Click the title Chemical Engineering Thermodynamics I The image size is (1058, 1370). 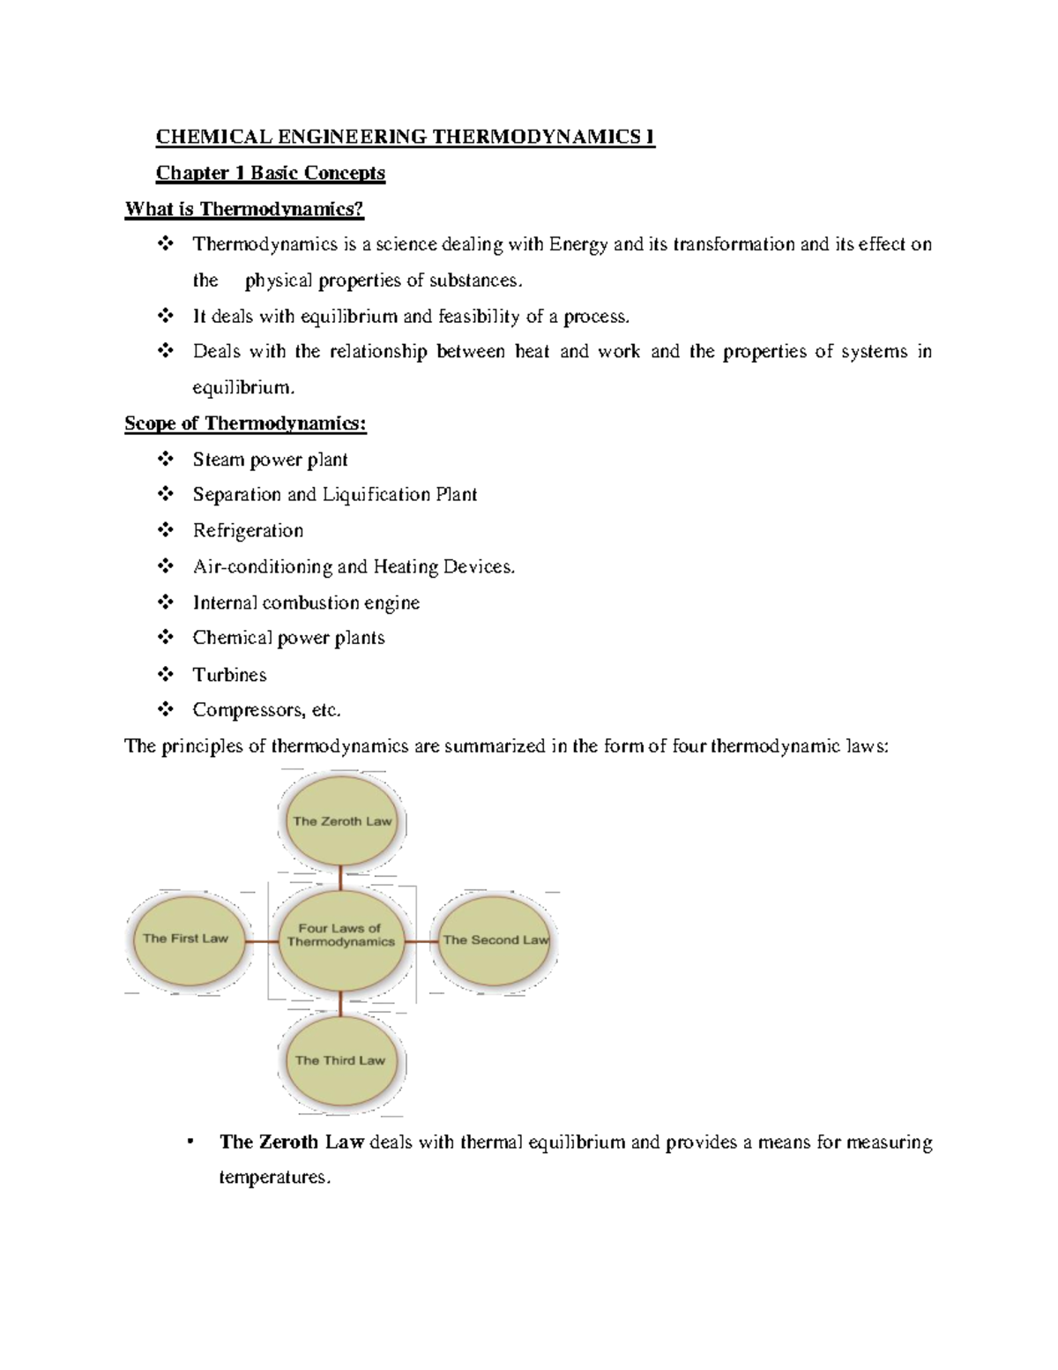405,137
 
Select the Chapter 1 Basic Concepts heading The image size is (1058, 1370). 270,173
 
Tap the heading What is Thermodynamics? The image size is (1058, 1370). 244,209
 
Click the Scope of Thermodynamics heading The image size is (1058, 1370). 245,423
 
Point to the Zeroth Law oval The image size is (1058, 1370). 342,821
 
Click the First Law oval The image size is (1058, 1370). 186,940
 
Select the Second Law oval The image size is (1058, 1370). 495,940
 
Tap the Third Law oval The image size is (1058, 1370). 340,1060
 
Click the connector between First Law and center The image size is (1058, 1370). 261,941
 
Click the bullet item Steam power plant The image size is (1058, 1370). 270,460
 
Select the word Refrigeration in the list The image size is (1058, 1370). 248,531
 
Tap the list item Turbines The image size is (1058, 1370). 229,675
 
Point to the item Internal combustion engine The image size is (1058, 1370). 306,603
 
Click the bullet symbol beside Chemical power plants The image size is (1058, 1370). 165,637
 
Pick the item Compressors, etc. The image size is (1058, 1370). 266,710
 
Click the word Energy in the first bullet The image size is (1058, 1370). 577,244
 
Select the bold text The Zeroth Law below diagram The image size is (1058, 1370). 291,1142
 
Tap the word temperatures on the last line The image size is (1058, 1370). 274,1178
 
